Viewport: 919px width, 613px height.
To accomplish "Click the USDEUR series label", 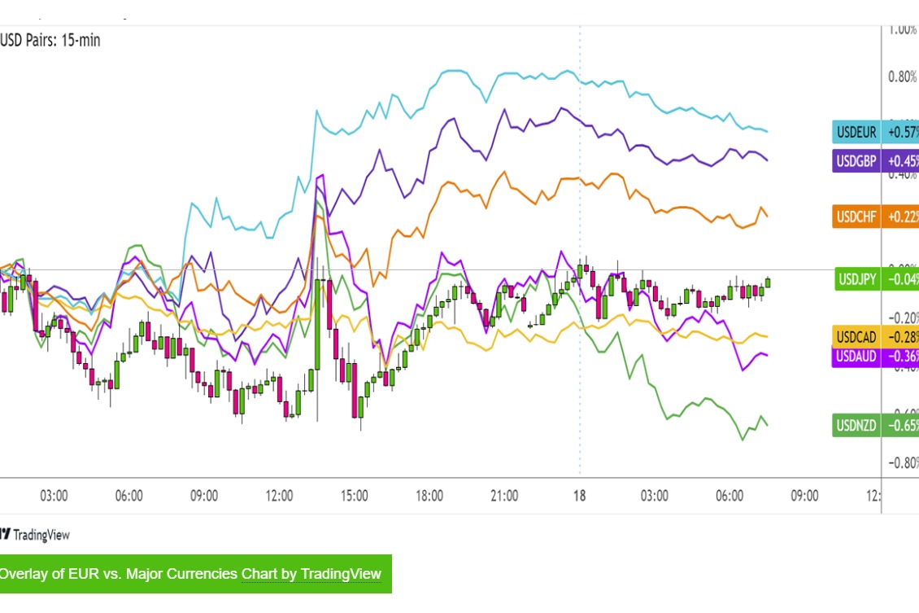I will tap(856, 133).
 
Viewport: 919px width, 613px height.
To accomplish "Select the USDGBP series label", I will tap(856, 160).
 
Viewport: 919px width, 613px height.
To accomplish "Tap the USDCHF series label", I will tap(856, 217).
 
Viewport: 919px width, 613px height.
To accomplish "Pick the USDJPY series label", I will tap(857, 279).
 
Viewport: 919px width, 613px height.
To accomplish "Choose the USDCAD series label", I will tap(856, 336).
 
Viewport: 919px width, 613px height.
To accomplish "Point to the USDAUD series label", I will tap(856, 355).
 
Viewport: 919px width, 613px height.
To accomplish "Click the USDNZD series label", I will tap(856, 424).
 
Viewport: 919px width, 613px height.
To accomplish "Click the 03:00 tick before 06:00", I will tap(54, 496).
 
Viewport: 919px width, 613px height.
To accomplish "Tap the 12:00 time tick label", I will tap(279, 496).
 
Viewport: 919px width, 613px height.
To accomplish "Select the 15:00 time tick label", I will tap(355, 496).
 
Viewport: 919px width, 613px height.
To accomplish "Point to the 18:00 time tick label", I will tap(429, 496).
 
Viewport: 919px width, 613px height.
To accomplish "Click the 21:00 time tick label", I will tap(504, 496).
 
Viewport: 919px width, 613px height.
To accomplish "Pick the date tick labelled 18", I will tap(580, 496).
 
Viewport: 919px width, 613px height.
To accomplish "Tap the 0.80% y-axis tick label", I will tap(902, 77).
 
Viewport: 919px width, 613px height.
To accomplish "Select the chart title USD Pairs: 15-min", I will tap(50, 39).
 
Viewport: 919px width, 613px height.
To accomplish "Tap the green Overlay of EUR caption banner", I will tap(194, 574).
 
